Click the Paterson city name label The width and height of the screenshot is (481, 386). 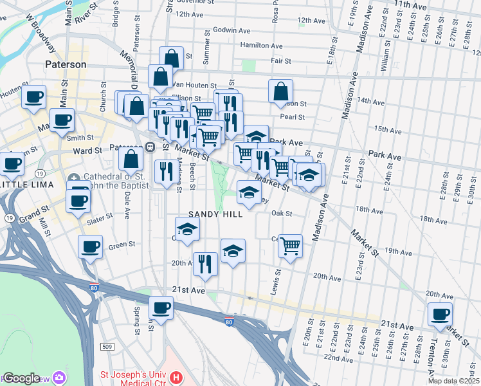pos(66,64)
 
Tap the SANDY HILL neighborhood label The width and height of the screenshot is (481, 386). pos(215,214)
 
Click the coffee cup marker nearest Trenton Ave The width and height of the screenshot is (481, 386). pos(441,314)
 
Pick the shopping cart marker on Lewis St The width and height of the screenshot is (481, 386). pos(291,244)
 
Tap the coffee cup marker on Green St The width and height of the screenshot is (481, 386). pos(90,246)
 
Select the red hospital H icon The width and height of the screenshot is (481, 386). pos(176,375)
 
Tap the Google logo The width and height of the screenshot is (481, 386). pos(21,378)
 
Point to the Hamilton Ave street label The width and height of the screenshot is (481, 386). pos(261,46)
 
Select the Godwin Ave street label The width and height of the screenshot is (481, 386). pos(230,30)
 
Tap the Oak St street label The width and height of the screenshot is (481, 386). pos(282,214)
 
